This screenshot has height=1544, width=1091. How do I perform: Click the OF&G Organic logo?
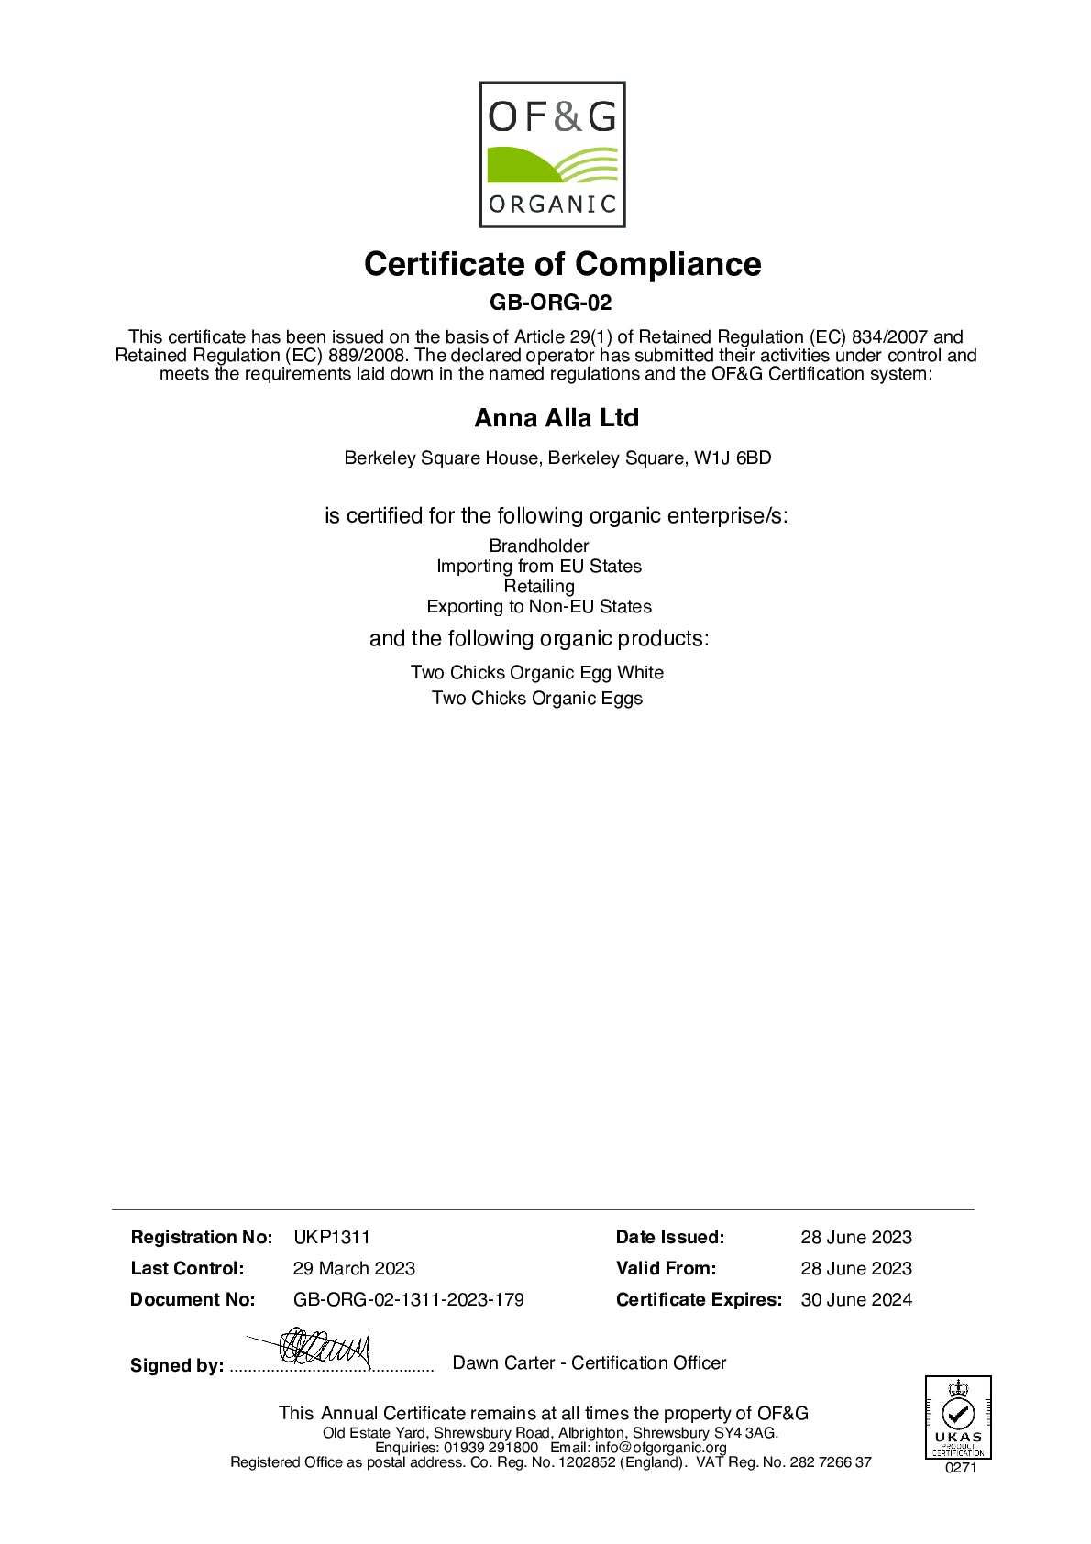pos(552,154)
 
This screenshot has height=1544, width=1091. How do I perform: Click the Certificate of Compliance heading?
pos(562,264)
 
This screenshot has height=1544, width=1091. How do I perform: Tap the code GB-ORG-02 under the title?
pos(550,303)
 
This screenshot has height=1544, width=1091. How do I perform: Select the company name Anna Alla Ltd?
pos(557,418)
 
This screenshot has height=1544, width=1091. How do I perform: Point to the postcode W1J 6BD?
pos(733,458)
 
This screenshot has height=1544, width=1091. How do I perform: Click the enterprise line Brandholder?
pos(539,546)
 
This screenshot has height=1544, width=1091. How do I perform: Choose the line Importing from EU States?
pos(539,566)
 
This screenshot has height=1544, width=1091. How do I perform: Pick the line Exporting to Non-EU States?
pos(539,606)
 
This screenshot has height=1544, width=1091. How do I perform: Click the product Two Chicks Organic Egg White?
pos(537,672)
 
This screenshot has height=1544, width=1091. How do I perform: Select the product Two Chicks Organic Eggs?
pos(537,698)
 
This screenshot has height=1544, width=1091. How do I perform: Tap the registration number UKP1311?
pos(332,1237)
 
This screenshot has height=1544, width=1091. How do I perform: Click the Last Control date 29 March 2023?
pos(354,1268)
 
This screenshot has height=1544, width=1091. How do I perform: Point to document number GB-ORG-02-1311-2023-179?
pos(409,1299)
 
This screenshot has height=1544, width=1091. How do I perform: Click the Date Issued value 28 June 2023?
pos(856,1237)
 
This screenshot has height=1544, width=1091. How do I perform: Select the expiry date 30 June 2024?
pos(856,1299)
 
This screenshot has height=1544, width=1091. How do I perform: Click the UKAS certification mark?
pos(958,1417)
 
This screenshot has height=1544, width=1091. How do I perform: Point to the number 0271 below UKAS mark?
pos(961,1467)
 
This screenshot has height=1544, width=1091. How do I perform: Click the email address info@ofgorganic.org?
pos(660,1447)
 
